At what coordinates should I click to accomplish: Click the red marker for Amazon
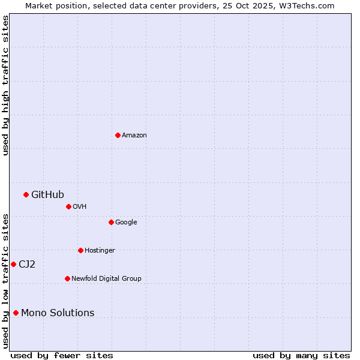(x=118, y=135)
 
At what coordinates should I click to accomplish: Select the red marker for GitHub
(x=26, y=194)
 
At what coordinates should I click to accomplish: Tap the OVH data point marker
(x=68, y=206)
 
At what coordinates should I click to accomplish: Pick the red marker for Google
(x=111, y=222)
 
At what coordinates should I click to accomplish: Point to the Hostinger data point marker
(x=80, y=250)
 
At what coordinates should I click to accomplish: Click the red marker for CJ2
(x=13, y=264)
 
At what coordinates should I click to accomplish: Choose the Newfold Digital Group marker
(x=67, y=278)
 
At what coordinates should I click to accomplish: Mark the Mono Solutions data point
(x=16, y=313)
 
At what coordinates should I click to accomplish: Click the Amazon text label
(x=134, y=136)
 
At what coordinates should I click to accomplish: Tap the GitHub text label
(x=47, y=194)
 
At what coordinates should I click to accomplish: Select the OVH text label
(x=80, y=207)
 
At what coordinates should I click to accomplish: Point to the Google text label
(x=126, y=223)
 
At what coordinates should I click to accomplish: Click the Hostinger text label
(x=100, y=251)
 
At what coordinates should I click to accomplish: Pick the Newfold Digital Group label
(x=106, y=279)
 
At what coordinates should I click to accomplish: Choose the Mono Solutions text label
(x=58, y=313)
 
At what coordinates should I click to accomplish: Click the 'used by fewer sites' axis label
(x=62, y=355)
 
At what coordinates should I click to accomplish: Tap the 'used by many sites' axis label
(x=301, y=355)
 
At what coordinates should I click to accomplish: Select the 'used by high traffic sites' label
(x=5, y=85)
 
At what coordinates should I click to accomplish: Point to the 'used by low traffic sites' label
(x=5, y=281)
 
